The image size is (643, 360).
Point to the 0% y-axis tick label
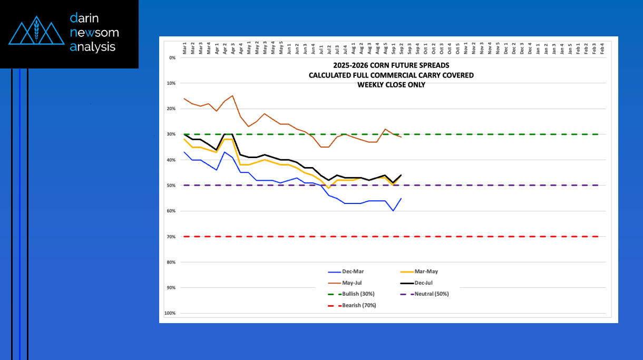172,57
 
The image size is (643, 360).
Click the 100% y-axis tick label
170,313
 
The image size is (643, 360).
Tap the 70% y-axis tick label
171,236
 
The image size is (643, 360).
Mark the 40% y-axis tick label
171,160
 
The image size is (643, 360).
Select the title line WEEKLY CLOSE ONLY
391,84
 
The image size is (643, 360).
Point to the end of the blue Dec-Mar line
402,198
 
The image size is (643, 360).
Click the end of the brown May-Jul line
402,137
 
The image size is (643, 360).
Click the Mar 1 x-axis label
184,50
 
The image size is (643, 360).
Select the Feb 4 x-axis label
602,50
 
